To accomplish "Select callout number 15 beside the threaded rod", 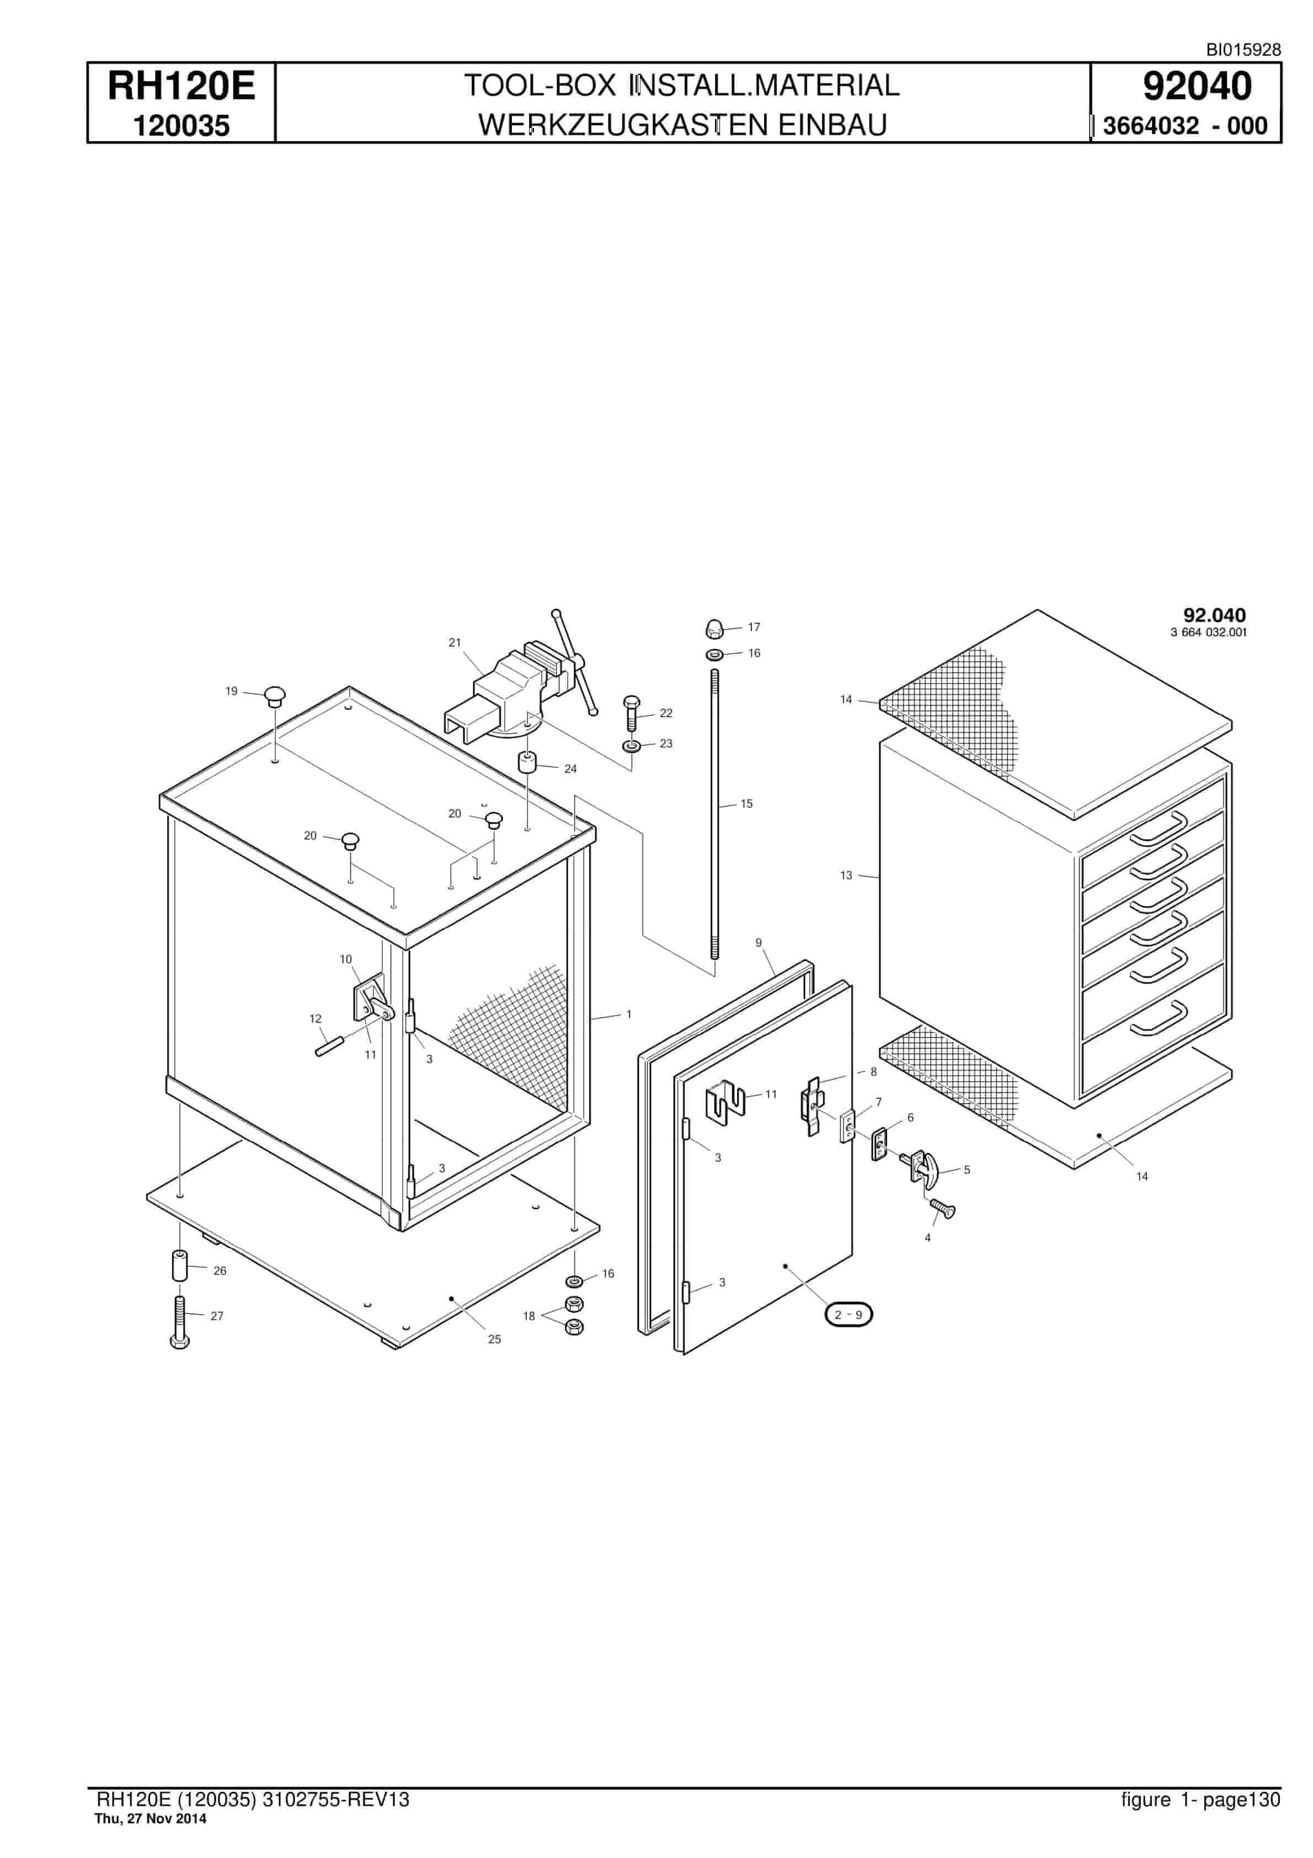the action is pos(746,804).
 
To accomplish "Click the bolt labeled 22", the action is pos(632,712).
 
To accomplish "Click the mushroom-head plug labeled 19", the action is pos(275,696).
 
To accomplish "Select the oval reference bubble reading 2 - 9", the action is pos(848,1314).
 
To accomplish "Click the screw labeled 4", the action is pos(943,1209).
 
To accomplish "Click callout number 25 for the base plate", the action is pos(495,1339).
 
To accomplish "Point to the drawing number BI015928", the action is pos(1243,49).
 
